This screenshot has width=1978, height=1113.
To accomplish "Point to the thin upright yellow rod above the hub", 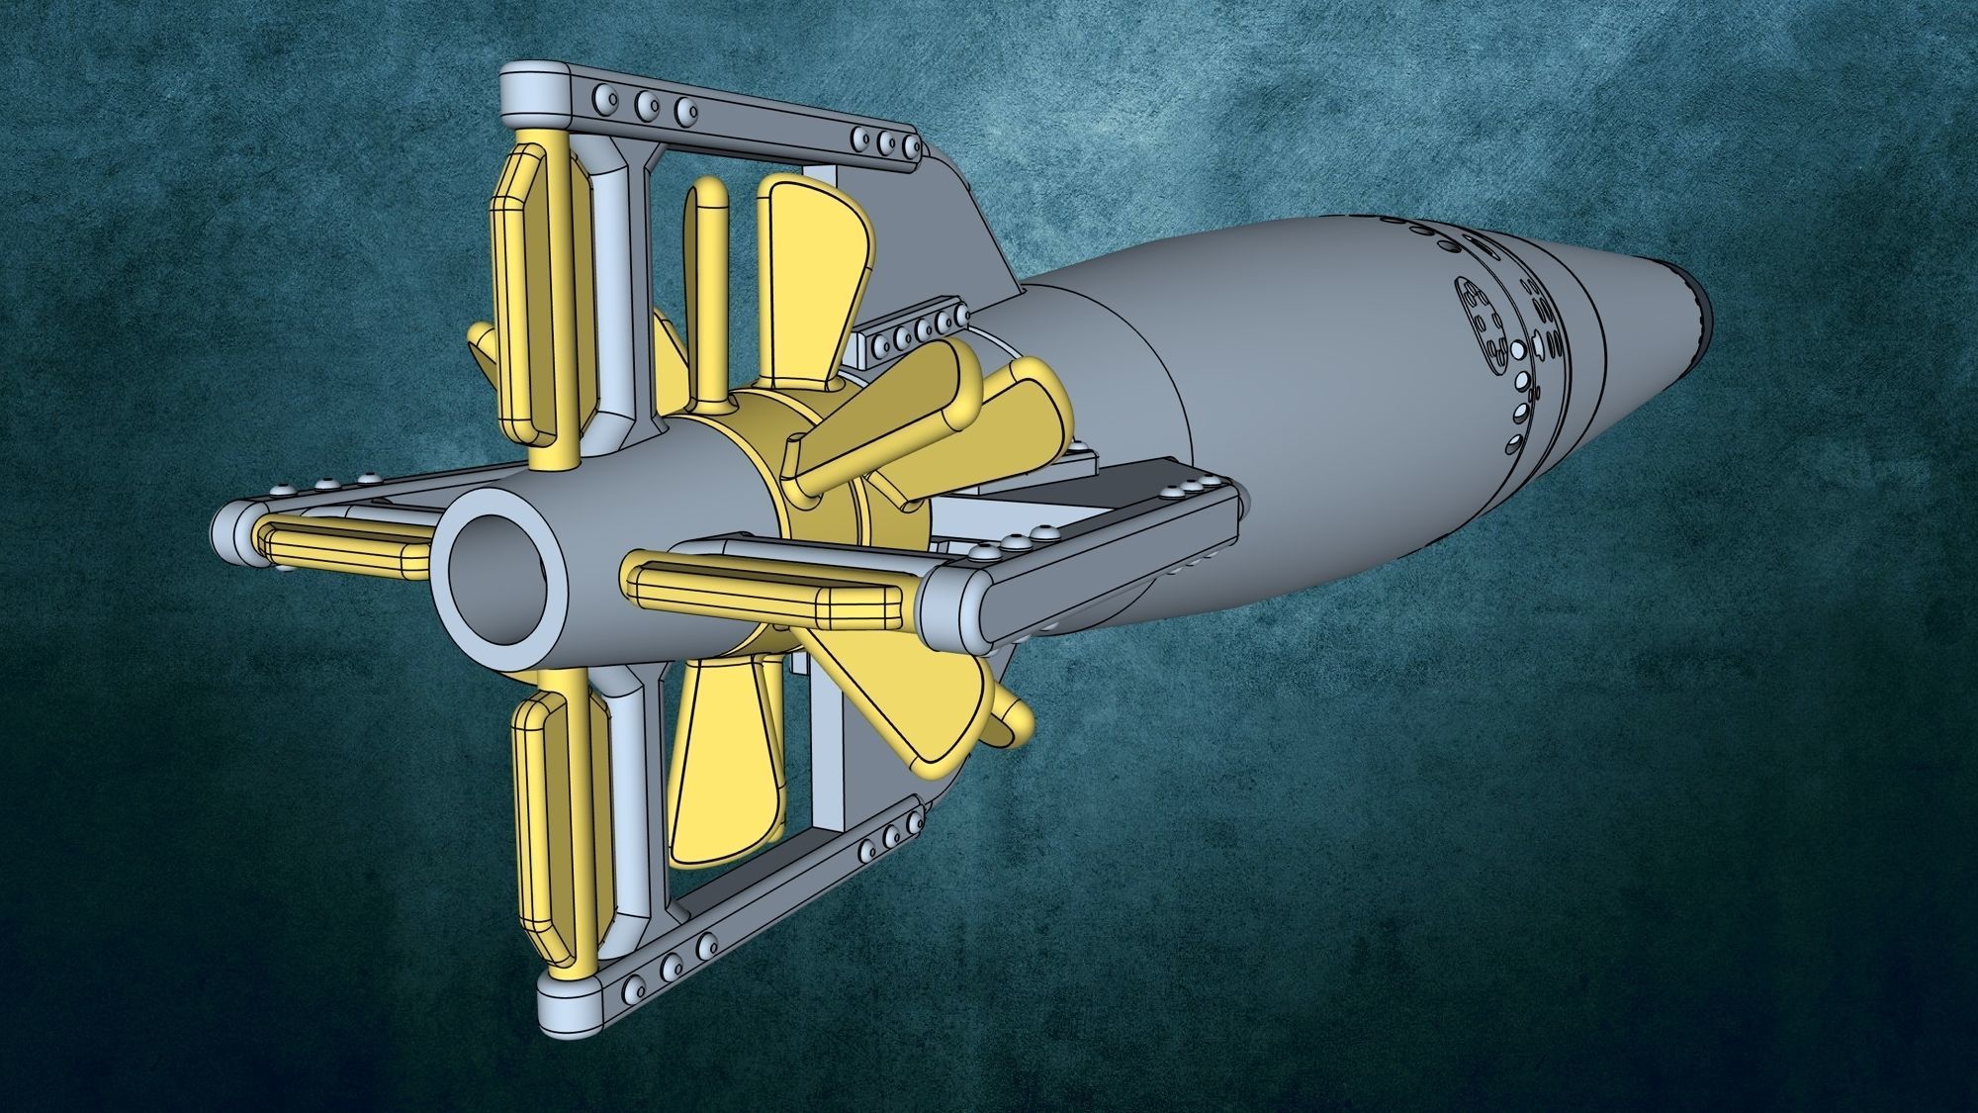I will click(x=707, y=297).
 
